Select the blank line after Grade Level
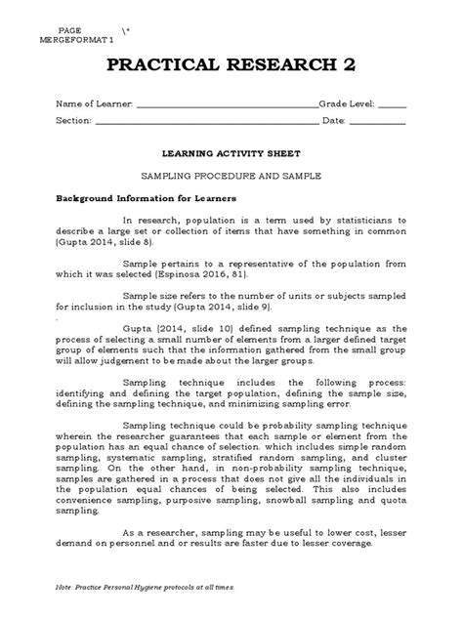pyautogui.click(x=392, y=106)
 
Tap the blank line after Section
pyautogui.click(x=205, y=122)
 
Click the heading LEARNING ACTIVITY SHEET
pyautogui.click(x=231, y=153)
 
